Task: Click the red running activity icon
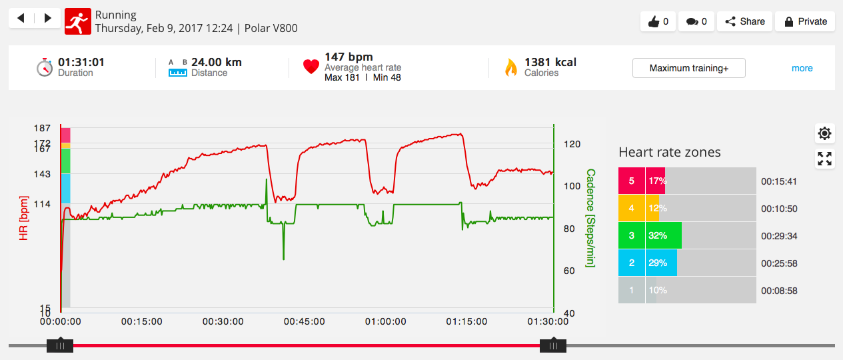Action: coord(77,21)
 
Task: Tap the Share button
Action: coord(744,21)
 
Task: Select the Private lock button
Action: coord(805,21)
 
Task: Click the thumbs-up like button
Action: coord(658,21)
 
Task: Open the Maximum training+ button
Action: coord(688,68)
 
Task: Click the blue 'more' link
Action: coord(802,68)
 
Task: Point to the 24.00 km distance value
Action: coord(217,62)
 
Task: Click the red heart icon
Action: coord(311,67)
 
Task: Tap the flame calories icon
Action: coord(511,67)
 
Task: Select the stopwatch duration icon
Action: coord(45,67)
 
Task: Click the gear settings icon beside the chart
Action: coord(824,133)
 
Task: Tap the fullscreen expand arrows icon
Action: coord(824,159)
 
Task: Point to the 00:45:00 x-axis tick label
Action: coord(304,321)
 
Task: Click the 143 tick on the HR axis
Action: coord(42,174)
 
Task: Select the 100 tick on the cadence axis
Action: coord(572,186)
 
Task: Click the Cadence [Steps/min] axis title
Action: coord(590,218)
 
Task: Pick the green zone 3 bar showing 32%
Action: coord(664,235)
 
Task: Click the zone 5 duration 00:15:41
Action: coord(779,181)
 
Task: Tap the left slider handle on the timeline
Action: coord(60,346)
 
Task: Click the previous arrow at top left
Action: coord(21,18)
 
